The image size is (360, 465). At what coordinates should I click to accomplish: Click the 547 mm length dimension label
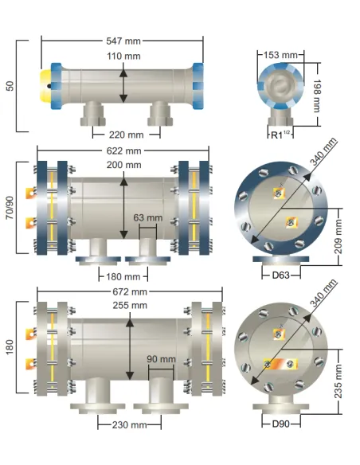click(x=123, y=41)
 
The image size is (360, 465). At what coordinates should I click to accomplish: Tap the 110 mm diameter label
click(x=123, y=56)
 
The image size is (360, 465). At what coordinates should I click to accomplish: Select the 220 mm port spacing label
click(x=127, y=135)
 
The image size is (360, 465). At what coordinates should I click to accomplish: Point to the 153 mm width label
click(x=280, y=55)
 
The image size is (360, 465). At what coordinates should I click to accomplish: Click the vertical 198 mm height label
click(x=317, y=96)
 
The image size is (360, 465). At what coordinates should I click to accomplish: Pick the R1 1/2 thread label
click(x=280, y=135)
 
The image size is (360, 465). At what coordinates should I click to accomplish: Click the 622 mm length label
click(x=123, y=151)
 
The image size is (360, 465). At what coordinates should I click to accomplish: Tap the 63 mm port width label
click(x=148, y=217)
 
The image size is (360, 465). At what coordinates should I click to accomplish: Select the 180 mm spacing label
click(x=123, y=276)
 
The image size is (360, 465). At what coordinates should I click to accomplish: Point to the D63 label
click(x=281, y=275)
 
